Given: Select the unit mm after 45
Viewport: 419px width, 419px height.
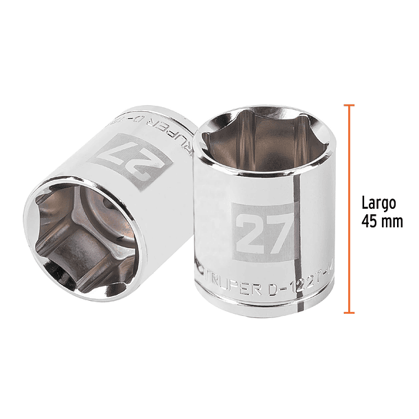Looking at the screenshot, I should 392,222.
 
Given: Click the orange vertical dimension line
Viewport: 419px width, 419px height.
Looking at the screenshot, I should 349,206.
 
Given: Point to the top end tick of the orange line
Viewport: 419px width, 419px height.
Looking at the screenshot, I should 349,106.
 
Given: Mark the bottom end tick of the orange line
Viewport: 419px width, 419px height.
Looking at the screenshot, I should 349,313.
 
